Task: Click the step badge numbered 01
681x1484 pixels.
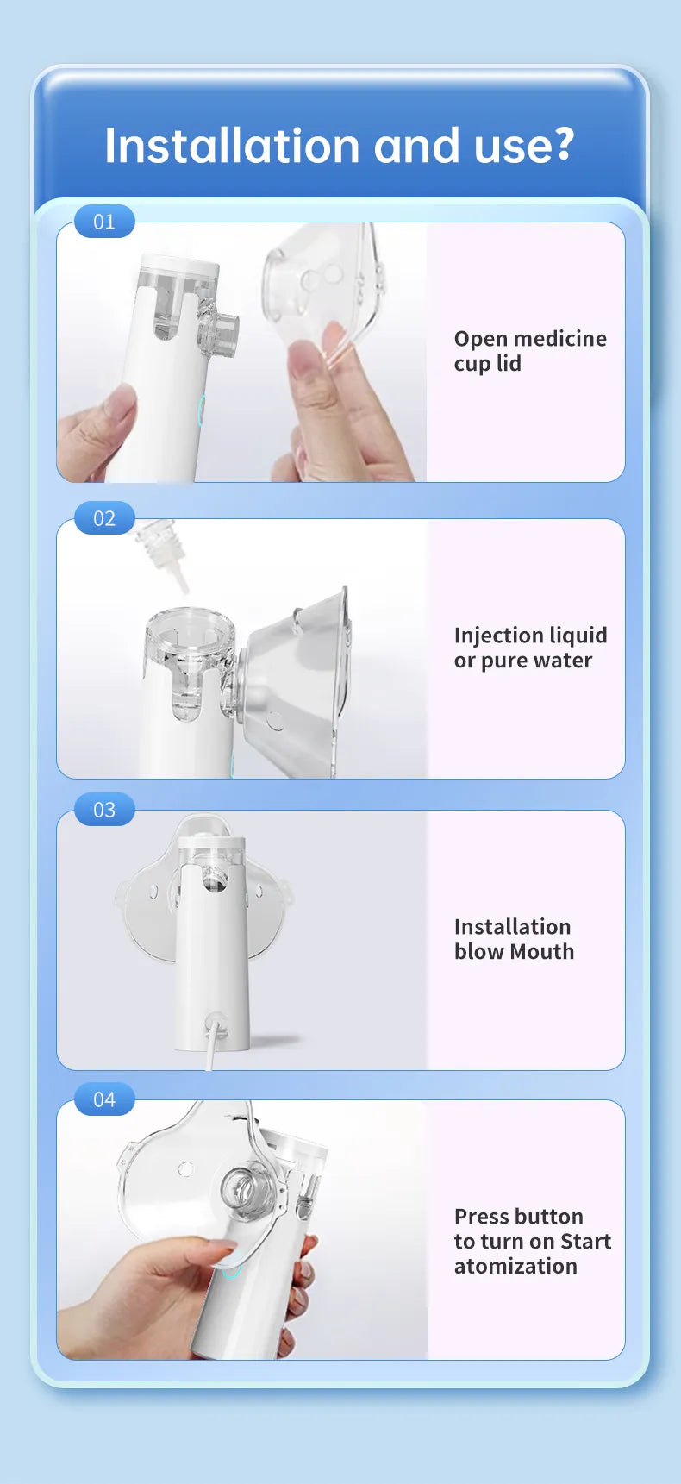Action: coord(104,222)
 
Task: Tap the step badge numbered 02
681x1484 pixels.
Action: coord(104,518)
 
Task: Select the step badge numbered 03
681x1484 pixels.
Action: coord(104,810)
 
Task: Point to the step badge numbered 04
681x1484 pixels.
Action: coord(104,1099)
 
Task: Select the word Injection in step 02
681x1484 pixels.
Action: coord(496,636)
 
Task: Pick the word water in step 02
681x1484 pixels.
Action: coord(562,661)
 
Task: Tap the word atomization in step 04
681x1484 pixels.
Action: coord(515,1267)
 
